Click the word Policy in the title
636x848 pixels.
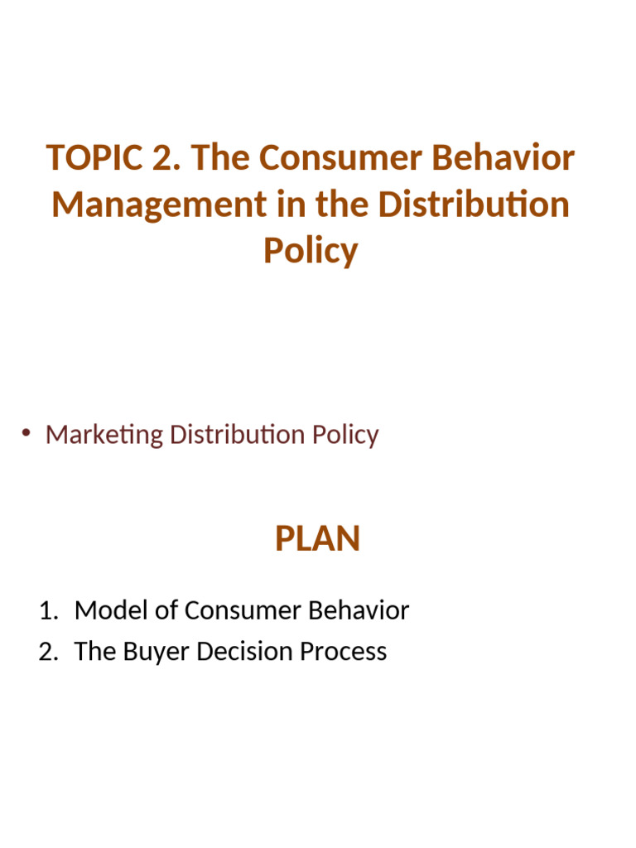point(311,250)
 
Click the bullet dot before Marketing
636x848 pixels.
point(26,432)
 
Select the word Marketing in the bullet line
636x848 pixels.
point(104,434)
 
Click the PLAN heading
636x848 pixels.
point(317,539)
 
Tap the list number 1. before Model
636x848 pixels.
point(50,611)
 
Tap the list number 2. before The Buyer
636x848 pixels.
point(50,652)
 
